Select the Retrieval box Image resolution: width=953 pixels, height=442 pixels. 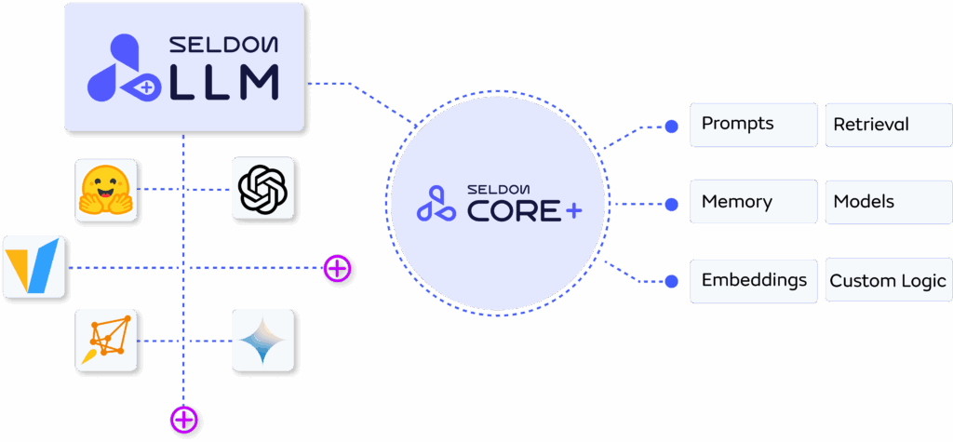(888, 125)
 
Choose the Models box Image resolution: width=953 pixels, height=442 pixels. (888, 202)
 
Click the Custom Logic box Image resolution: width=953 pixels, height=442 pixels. (888, 280)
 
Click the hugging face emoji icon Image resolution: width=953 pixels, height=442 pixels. (106, 190)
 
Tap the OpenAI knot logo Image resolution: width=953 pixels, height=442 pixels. (262, 190)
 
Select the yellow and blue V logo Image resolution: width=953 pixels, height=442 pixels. (34, 267)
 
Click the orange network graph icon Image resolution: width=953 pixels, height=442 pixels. (106, 342)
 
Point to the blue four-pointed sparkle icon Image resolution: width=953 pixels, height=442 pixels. (262, 342)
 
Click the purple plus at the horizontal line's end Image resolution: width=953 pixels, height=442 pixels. (337, 270)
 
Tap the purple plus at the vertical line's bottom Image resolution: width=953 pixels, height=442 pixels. (184, 420)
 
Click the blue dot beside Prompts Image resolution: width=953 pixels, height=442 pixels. (672, 126)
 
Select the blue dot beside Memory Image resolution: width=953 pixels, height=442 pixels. (672, 203)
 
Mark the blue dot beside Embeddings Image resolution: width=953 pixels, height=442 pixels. (672, 281)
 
